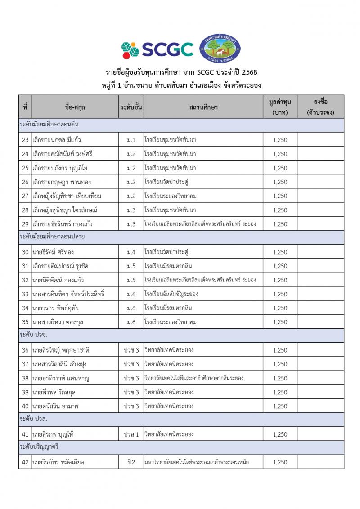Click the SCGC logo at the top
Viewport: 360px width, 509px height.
[x=157, y=49]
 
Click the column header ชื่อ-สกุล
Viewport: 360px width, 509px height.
[x=75, y=107]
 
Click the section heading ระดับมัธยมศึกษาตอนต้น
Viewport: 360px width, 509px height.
[x=46, y=125]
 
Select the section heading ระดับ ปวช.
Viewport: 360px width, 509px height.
[x=34, y=335]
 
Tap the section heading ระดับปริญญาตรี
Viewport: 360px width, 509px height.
[x=40, y=447]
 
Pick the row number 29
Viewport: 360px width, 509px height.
[x=25, y=224]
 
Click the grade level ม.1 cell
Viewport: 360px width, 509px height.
[x=131, y=140]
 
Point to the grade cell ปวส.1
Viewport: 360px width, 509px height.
[x=131, y=434]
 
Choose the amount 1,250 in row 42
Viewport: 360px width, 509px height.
[x=279, y=462]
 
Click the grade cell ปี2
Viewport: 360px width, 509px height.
[x=131, y=462]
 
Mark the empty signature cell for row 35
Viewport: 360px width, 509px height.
[x=320, y=322]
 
